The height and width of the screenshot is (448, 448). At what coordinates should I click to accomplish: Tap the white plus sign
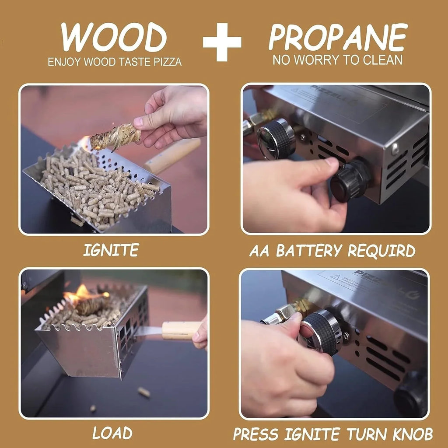click(x=222, y=42)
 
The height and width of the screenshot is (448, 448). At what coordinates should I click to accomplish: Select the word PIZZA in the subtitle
click(x=168, y=62)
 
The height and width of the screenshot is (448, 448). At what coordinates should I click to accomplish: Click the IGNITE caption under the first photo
click(x=111, y=250)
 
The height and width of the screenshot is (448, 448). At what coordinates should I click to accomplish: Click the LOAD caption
click(x=112, y=433)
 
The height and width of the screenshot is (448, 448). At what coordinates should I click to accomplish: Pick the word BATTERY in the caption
click(x=309, y=251)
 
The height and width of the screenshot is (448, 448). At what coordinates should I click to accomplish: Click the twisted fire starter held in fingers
click(x=115, y=137)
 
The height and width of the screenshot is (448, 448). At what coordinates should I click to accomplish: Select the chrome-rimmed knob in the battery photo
click(x=276, y=139)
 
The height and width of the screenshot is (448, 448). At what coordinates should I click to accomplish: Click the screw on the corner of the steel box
click(x=395, y=149)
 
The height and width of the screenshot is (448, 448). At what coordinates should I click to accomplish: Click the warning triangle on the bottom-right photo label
click(x=336, y=277)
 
